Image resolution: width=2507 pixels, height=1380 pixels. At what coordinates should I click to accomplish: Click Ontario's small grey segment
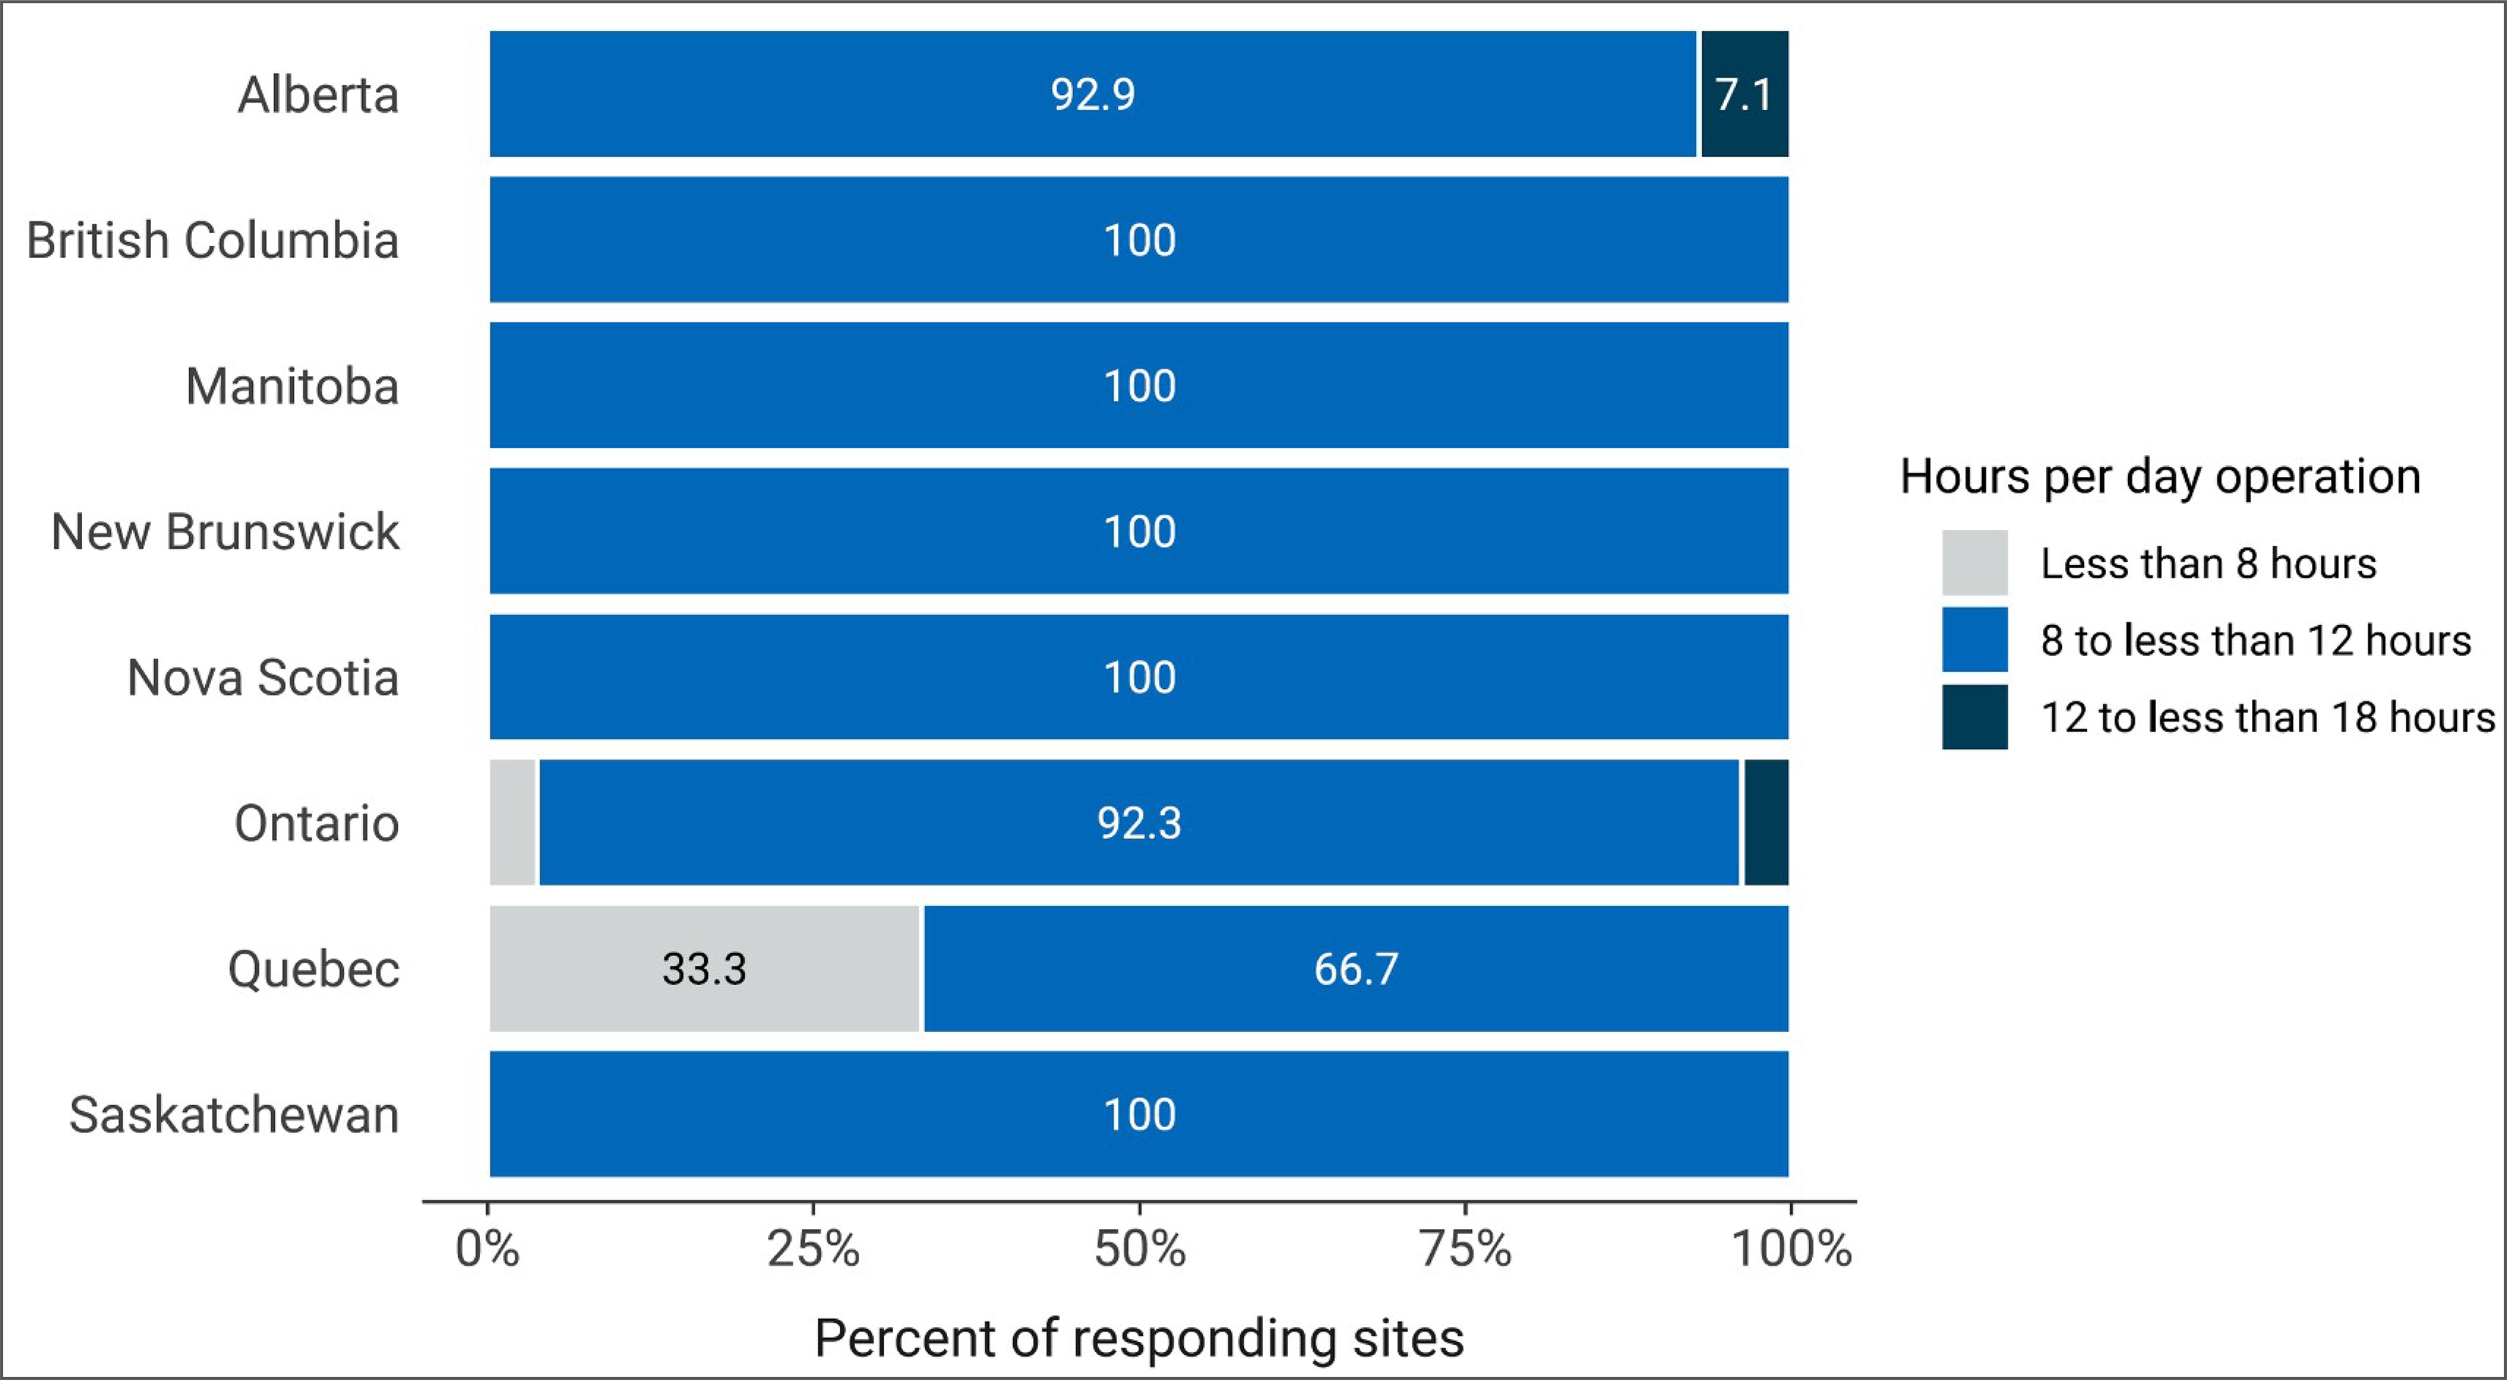(513, 823)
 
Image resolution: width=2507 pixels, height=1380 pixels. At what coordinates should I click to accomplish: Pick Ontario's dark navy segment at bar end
(1765, 823)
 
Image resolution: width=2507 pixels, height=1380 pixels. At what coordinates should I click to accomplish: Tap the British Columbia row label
(212, 240)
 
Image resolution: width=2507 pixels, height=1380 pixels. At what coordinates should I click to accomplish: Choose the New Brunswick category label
(225, 532)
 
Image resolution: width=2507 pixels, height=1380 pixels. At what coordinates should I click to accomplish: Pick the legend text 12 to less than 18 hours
(2267, 718)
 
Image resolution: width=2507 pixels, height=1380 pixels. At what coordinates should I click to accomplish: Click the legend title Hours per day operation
(2160, 477)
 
